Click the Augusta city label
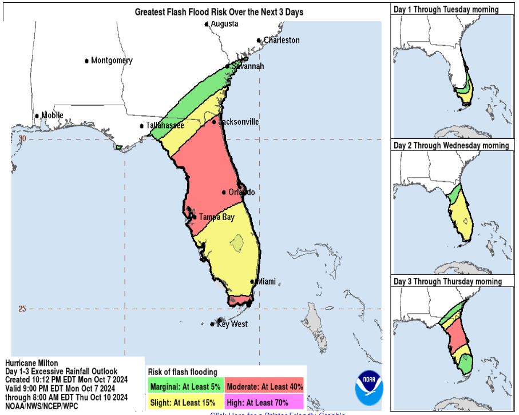224,24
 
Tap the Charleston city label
281,40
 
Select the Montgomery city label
112,61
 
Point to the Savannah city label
248,66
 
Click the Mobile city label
52,115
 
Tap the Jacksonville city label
239,122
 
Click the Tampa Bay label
216,217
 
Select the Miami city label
266,282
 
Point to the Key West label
232,324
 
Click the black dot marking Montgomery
87,61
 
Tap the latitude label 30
22,138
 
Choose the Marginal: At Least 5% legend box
185,386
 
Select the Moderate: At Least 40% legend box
264,386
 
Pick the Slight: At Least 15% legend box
185,401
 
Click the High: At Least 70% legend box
264,401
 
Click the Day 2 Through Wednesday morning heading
451,145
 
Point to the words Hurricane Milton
31,364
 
